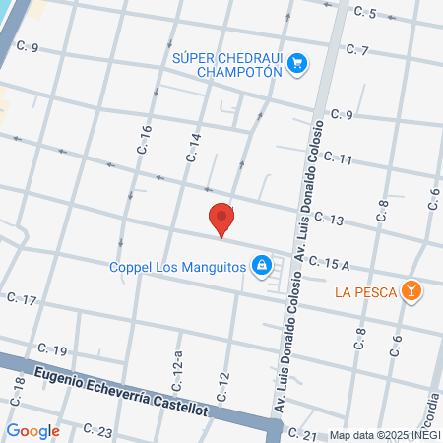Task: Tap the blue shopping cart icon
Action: click(297, 65)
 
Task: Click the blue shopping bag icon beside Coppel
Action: click(261, 264)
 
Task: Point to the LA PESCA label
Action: click(364, 291)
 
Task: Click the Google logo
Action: click(32, 430)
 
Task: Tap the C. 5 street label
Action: click(366, 13)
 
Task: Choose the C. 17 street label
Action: click(22, 298)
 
